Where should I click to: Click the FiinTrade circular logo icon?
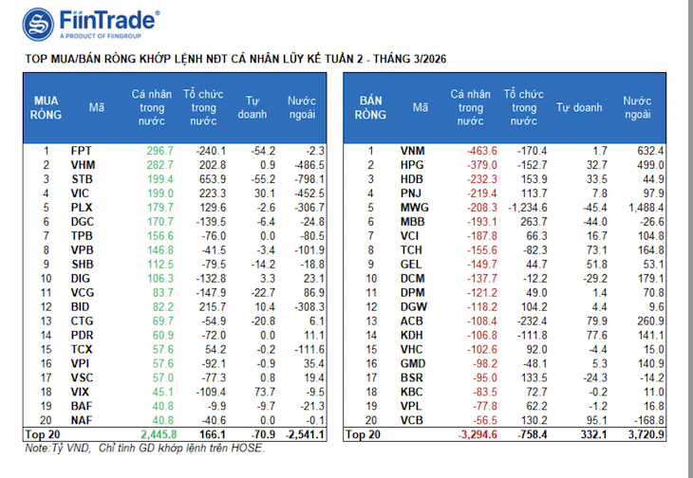(x=38, y=25)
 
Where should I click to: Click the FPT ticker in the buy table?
(x=82, y=151)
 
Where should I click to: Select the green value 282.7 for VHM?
(x=160, y=165)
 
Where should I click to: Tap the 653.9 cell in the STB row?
(x=213, y=179)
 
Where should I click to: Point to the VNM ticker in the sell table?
(x=412, y=151)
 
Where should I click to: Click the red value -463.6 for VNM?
(x=482, y=151)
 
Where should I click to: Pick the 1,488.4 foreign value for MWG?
(x=646, y=208)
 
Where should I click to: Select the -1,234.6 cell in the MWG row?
(x=528, y=208)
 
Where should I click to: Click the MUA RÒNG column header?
(x=46, y=108)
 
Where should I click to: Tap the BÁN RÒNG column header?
(x=370, y=108)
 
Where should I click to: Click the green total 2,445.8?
(x=159, y=434)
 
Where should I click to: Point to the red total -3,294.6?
(x=478, y=434)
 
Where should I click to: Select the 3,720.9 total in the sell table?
(x=646, y=434)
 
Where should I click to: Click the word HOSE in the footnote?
(x=249, y=449)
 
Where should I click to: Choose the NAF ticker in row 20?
(x=82, y=420)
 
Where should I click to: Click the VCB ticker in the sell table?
(x=411, y=420)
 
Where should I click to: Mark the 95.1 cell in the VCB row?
(x=597, y=420)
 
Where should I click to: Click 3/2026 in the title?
(x=428, y=59)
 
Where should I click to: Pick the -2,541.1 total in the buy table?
(x=306, y=434)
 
